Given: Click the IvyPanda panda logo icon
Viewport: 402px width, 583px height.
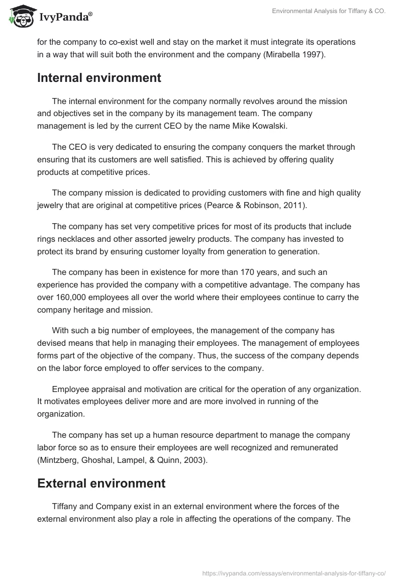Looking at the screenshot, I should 20,16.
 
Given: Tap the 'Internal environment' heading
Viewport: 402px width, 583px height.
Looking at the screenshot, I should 99,78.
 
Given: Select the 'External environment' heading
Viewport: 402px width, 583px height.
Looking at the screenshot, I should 101,483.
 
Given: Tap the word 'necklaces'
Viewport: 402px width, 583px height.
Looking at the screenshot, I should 74,239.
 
